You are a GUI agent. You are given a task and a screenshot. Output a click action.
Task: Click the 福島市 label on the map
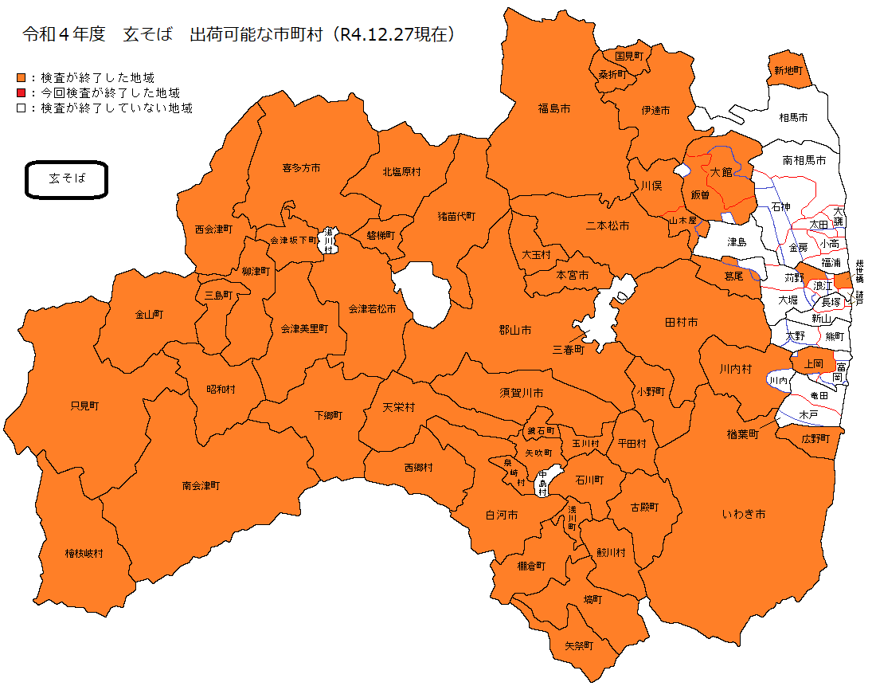(554, 108)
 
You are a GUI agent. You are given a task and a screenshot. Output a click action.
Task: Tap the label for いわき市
(744, 515)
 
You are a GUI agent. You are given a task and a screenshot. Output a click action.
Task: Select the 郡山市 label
(515, 330)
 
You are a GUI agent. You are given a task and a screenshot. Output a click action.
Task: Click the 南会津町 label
(201, 484)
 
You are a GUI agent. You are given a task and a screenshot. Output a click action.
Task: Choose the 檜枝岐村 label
(84, 553)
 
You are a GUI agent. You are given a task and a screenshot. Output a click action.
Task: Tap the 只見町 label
(84, 406)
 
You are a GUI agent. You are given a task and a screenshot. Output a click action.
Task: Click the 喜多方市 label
(301, 168)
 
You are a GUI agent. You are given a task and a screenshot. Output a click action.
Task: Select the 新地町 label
(788, 71)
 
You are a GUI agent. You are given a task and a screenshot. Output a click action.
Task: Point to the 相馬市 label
(793, 118)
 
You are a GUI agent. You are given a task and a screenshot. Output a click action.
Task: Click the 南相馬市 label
(804, 160)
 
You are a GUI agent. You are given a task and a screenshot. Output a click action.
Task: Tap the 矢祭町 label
(579, 645)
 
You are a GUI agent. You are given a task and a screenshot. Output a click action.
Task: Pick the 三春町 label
(569, 350)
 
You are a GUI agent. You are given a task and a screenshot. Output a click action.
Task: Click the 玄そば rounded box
(66, 180)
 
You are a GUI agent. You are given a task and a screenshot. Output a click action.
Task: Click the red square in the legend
(21, 93)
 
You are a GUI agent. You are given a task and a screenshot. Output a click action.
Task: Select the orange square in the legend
(21, 78)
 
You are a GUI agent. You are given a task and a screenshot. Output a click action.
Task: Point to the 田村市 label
(681, 323)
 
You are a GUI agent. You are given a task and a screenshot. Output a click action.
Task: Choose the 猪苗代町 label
(456, 216)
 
